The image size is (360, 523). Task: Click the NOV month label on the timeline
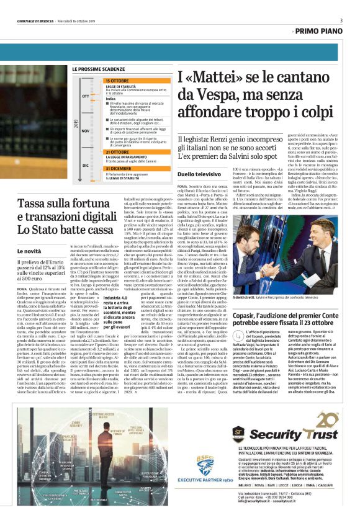(x=86, y=131)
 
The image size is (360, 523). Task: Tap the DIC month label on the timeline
(x=86, y=166)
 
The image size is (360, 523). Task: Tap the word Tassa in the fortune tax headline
(x=35, y=203)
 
